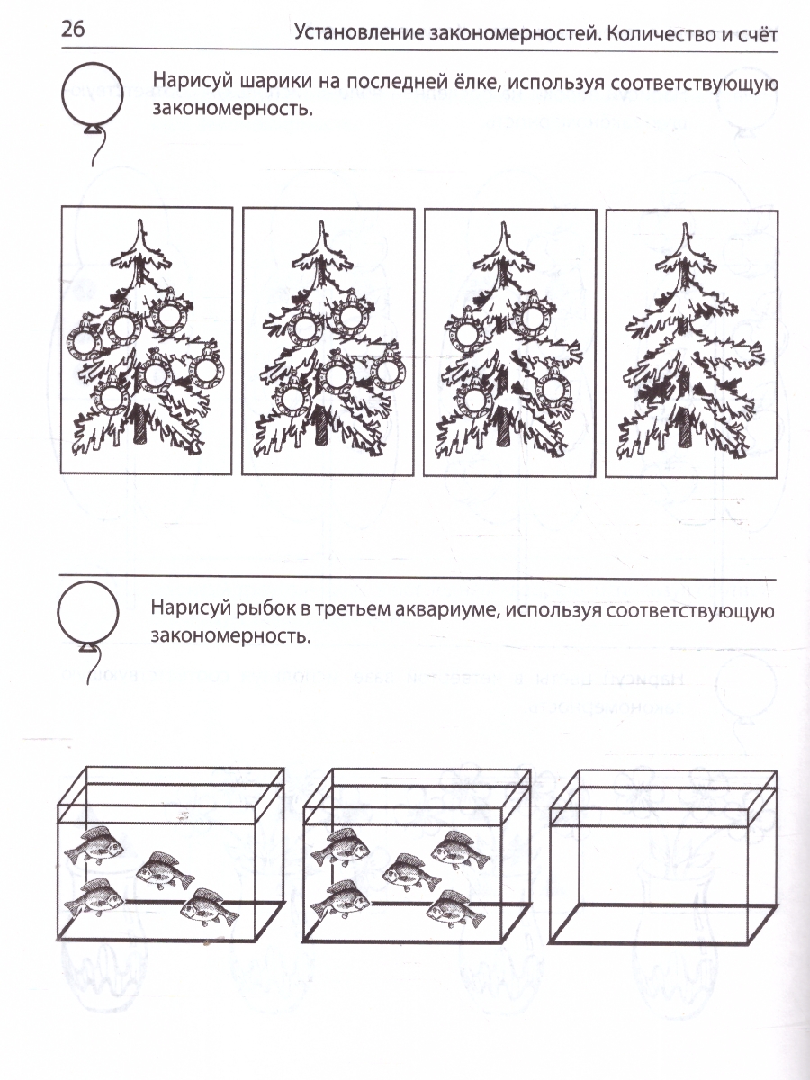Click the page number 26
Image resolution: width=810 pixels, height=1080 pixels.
pos(73,29)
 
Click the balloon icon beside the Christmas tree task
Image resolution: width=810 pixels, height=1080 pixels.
pos(92,114)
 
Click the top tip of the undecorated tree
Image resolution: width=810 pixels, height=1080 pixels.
pos(685,224)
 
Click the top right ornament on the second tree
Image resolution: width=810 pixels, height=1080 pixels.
pos(353,315)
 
